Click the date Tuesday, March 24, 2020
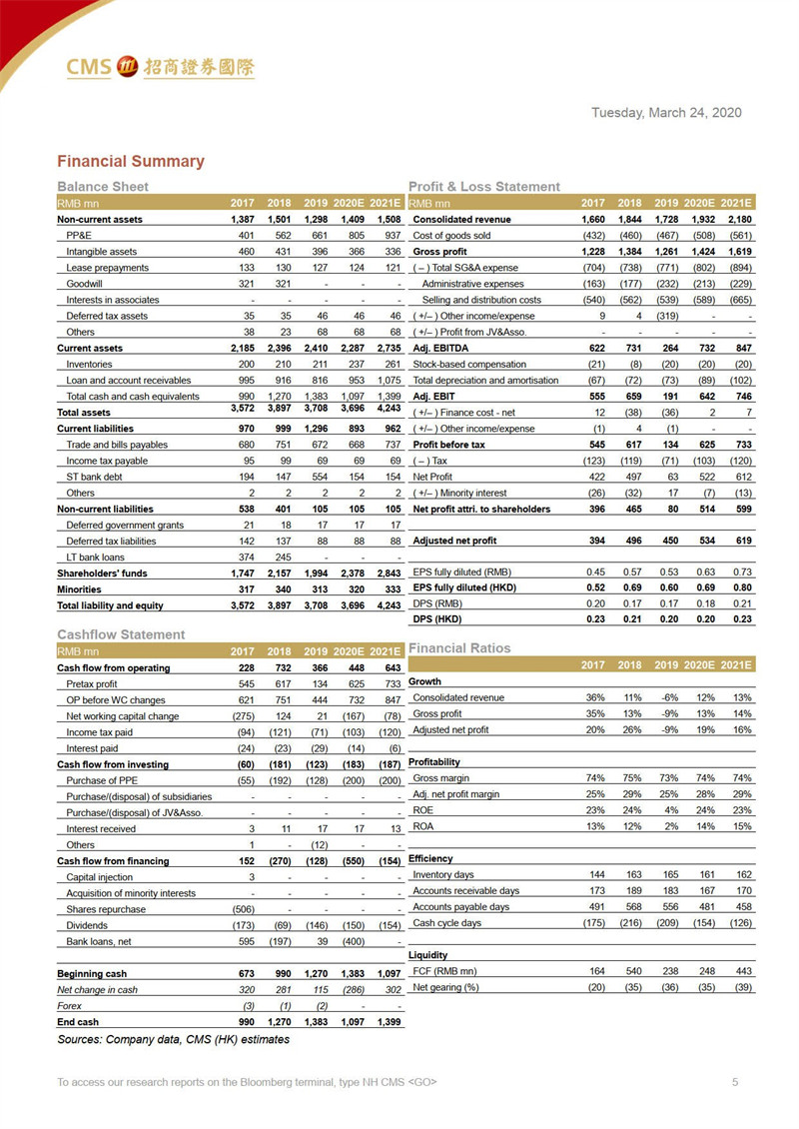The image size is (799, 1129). coord(666,113)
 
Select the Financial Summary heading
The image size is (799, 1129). coord(130,161)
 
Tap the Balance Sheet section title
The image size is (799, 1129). coord(103,186)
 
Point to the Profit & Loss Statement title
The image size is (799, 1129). coord(484,186)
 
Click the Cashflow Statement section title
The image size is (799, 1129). coord(121,634)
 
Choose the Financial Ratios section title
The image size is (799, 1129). coord(458,647)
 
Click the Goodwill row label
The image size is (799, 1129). coord(86,284)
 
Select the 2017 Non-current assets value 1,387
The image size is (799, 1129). coord(241,219)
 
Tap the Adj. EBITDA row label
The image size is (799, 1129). coord(442,348)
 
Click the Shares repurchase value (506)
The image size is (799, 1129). coord(241,909)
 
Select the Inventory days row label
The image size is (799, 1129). coord(443,875)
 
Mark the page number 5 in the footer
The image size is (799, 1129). coord(735,1082)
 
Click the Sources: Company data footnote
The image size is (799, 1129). coord(173,1039)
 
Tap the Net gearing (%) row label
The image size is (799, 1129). coord(445,987)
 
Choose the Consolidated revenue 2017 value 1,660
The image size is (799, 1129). coord(592,219)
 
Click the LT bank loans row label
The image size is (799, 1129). coord(95,558)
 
